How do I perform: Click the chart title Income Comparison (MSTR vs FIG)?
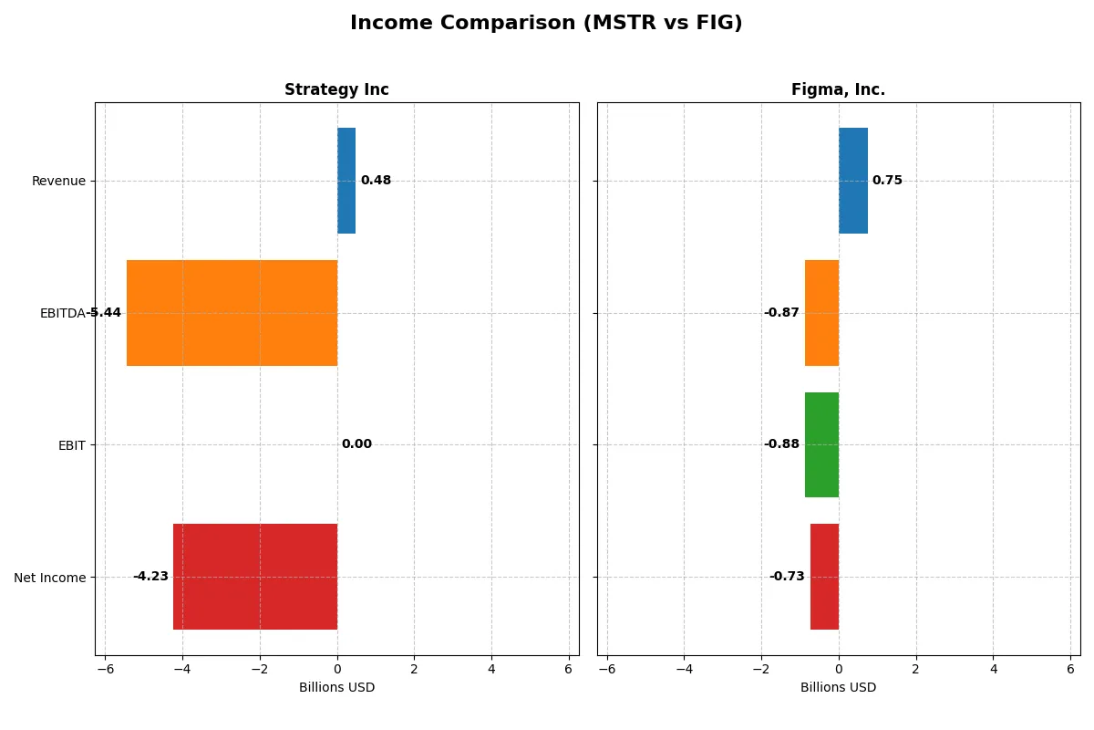tap(546, 24)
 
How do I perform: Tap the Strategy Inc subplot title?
tap(336, 89)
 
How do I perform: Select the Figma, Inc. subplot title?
tap(838, 89)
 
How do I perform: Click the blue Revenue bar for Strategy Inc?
tap(346, 181)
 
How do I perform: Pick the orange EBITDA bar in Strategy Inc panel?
tap(232, 313)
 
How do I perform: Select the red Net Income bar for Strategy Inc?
tap(255, 577)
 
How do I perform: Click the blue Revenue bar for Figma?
tap(853, 181)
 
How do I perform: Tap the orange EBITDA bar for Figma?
tap(821, 313)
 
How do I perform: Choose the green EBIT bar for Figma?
tap(821, 444)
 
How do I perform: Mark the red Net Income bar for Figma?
tap(824, 577)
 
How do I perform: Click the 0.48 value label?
tap(376, 181)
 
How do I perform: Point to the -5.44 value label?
tap(103, 313)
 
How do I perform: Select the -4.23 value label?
tap(150, 577)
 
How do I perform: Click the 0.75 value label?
tap(887, 181)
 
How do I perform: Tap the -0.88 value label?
tap(781, 444)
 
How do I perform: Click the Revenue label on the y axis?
tap(58, 181)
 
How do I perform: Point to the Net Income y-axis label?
tap(50, 578)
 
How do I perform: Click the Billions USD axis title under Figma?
tap(838, 688)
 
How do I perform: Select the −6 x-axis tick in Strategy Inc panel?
tap(105, 669)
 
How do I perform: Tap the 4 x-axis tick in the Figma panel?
tap(993, 669)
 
